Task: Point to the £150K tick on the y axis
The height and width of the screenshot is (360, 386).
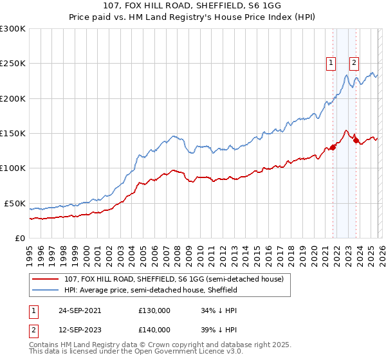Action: tap(13, 134)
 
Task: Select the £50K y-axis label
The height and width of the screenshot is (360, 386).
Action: tap(14, 203)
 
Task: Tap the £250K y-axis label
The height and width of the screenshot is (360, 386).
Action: tap(13, 64)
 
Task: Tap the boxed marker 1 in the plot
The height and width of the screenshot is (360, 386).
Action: tap(331, 63)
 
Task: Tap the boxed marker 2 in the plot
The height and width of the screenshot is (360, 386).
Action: tap(354, 63)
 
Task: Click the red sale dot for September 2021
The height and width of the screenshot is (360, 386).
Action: tap(333, 147)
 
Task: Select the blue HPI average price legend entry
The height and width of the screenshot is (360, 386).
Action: tap(151, 291)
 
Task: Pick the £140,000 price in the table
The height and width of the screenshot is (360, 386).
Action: tap(154, 330)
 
